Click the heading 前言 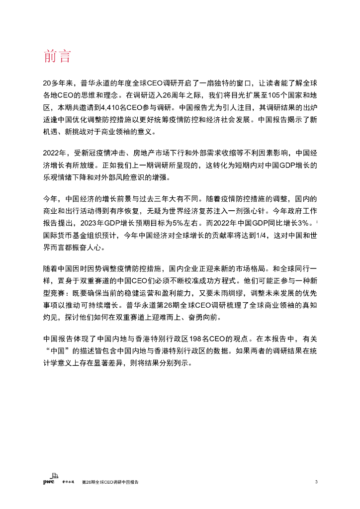pos(58,57)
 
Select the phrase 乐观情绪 pos(59,177)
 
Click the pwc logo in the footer pos(48,482)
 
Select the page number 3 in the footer pos(316,482)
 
